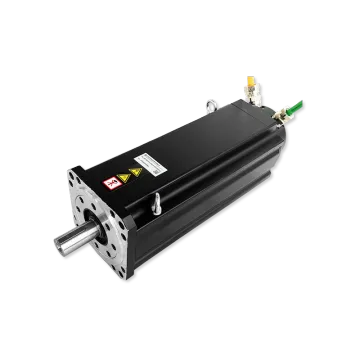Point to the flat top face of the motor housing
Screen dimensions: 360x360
tap(190, 130)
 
